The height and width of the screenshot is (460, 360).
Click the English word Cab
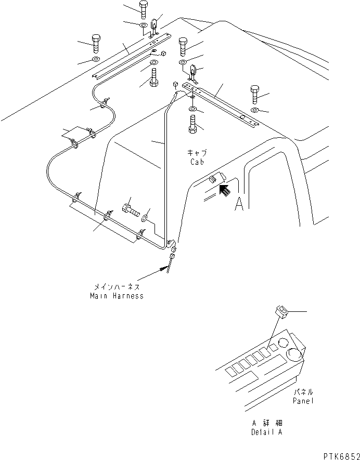tap(197, 161)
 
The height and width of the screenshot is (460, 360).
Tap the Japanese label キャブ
tap(197, 153)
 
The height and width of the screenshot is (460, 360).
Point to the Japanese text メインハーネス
tap(117, 287)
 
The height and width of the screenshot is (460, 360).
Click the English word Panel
tap(303, 401)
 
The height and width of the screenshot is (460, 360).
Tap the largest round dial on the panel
tap(294, 356)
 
